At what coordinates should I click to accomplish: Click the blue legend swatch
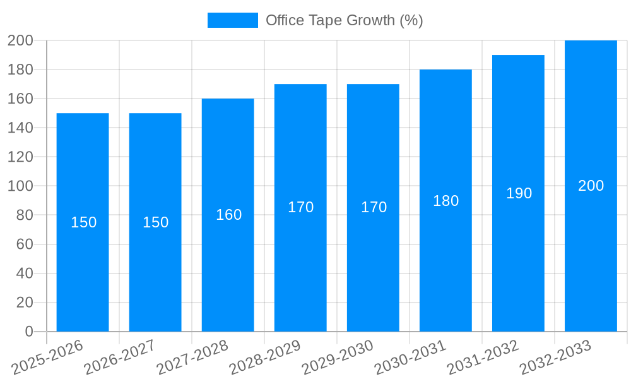[232, 20]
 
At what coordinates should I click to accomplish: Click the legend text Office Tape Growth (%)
[344, 20]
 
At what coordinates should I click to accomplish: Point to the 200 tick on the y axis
[20, 40]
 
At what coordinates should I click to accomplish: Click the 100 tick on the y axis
[20, 186]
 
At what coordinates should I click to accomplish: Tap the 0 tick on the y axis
[28, 332]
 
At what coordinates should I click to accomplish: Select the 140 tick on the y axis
[20, 128]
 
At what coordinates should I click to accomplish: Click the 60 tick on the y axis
[24, 244]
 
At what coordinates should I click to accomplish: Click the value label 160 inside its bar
[228, 215]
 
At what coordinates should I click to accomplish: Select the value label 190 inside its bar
[519, 193]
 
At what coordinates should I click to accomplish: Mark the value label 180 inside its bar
[445, 201]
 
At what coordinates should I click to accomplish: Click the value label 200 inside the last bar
[591, 186]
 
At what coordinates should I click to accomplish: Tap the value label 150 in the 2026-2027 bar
[155, 222]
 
